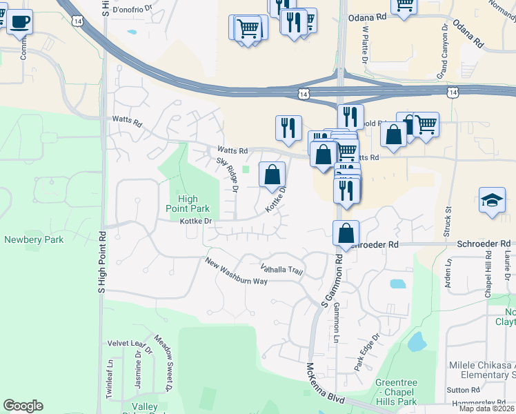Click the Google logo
pyautogui.click(x=23, y=406)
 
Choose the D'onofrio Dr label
pyautogui.click(x=132, y=11)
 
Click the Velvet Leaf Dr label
pyautogui.click(x=128, y=343)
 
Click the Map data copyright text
pyautogui.click(x=486, y=408)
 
